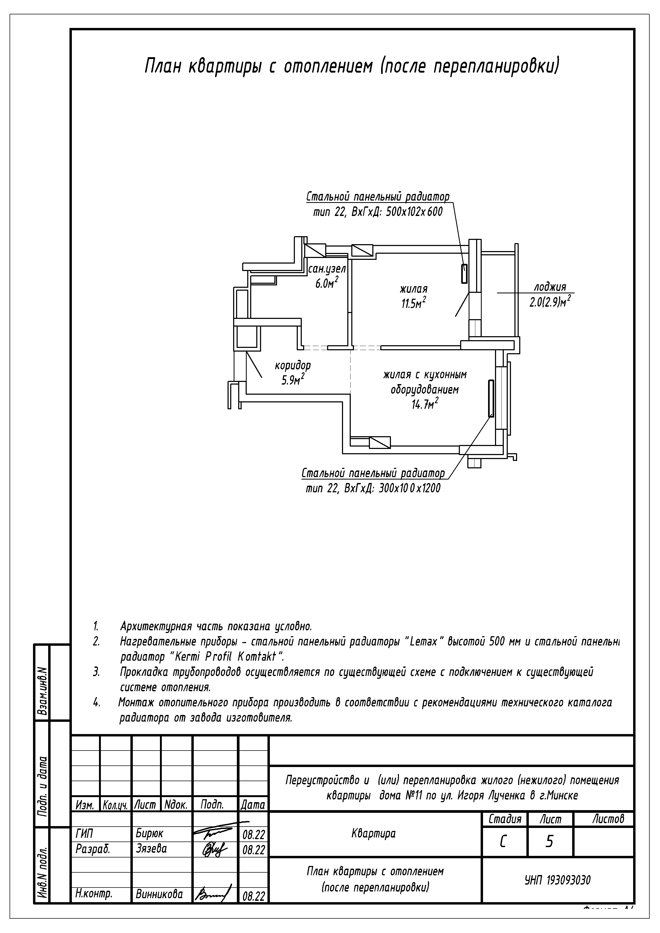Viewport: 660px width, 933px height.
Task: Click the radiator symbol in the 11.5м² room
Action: [x=464, y=273]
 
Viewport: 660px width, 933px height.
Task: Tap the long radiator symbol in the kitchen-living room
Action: [x=491, y=398]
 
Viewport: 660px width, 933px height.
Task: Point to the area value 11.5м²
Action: [x=414, y=303]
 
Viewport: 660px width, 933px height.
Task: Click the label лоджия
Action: [x=550, y=287]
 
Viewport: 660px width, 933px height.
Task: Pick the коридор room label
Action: [x=293, y=365]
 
